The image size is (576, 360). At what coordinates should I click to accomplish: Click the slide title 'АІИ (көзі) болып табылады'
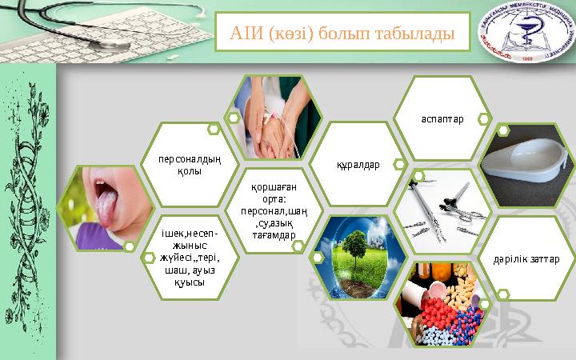[342, 34]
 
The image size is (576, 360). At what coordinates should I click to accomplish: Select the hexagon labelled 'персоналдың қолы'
[189, 165]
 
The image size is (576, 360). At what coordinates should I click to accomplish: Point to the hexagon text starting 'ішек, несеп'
[189, 258]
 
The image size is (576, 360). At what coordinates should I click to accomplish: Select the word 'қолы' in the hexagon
[189, 170]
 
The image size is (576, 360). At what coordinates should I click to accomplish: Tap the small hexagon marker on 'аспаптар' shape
[483, 119]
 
